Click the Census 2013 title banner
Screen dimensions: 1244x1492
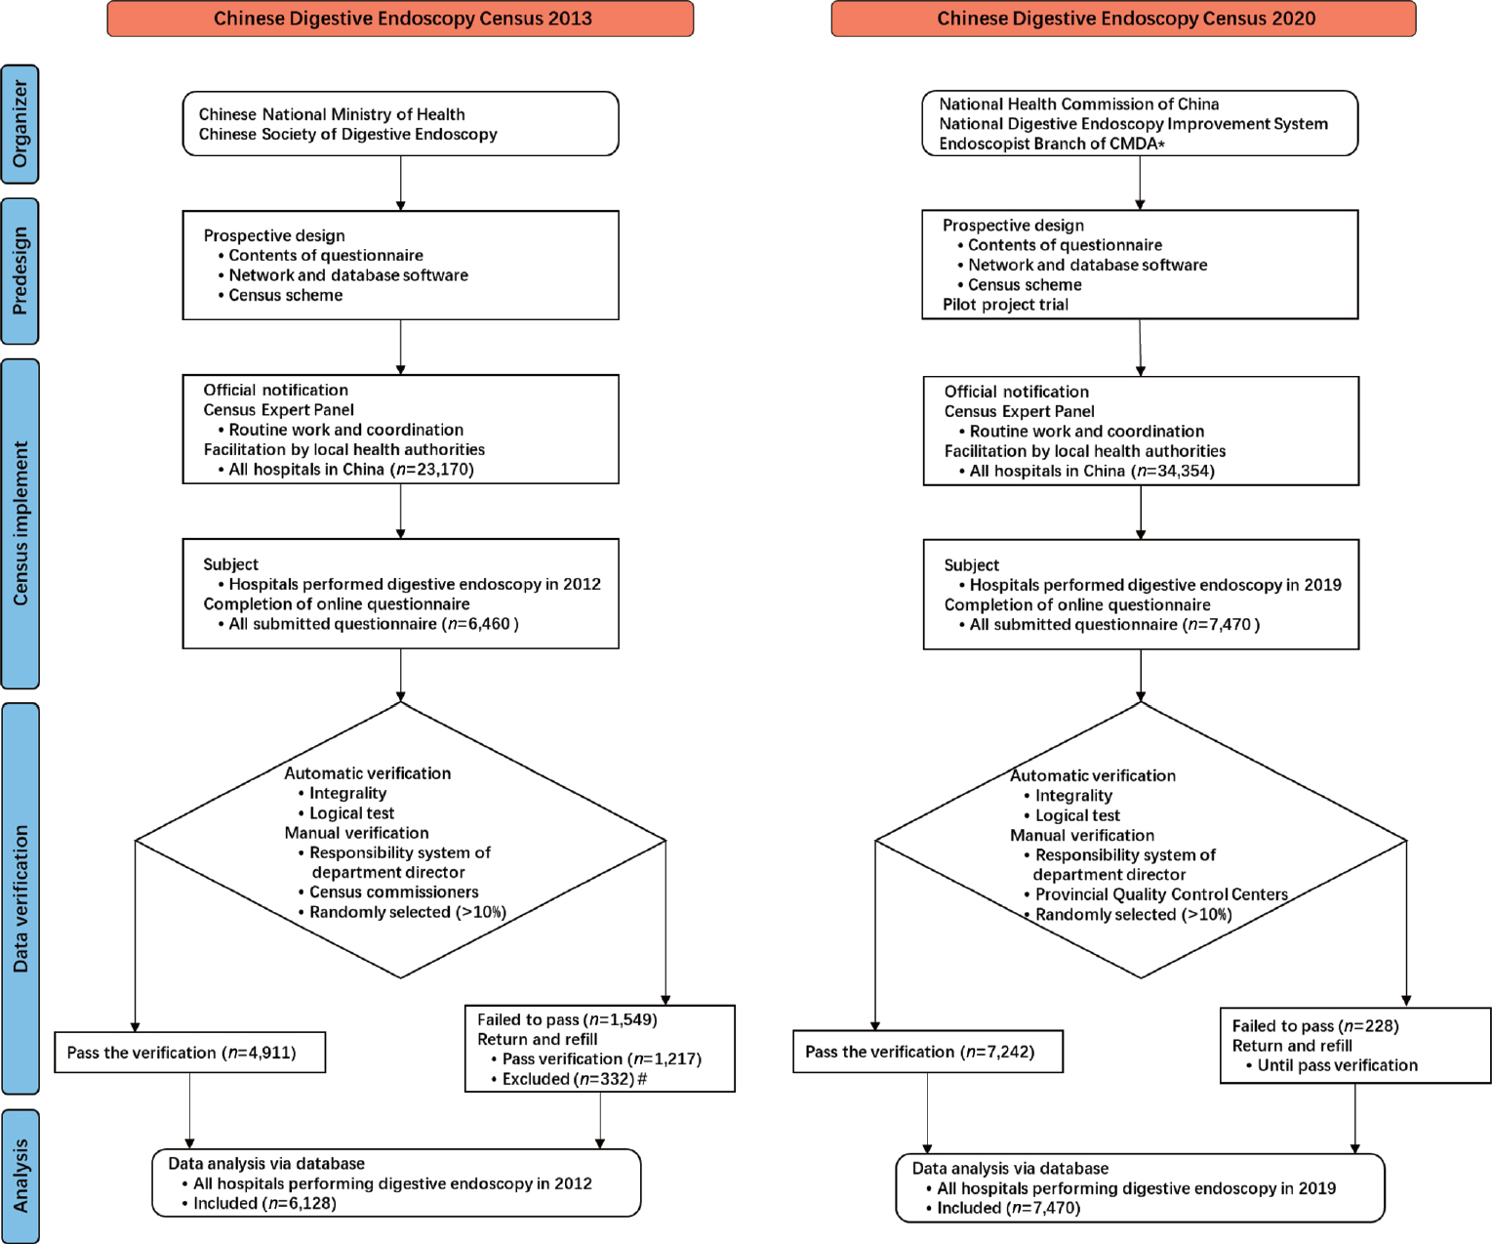pos(401,19)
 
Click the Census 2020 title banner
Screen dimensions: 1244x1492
pos(1124,19)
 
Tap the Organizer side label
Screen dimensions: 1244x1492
pos(20,124)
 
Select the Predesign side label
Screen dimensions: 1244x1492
pos(20,271)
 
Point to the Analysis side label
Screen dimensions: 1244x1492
pos(20,1176)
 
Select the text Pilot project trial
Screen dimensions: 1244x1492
pos(1005,305)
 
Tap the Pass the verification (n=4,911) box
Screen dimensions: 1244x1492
pos(189,1053)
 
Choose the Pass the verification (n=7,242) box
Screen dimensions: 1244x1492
pos(928,1052)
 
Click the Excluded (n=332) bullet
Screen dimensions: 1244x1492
pos(573,1079)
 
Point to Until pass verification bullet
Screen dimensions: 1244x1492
pos(1336,1065)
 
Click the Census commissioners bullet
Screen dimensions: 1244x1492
pos(393,892)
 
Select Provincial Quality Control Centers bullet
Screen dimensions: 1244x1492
pos(1160,894)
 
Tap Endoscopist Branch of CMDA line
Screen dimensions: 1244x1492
pos(1051,144)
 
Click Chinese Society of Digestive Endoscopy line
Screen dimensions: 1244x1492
pos(347,135)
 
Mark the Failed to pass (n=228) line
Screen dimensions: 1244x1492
pos(1314,1026)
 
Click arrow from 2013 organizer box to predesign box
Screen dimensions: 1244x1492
pos(401,183)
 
